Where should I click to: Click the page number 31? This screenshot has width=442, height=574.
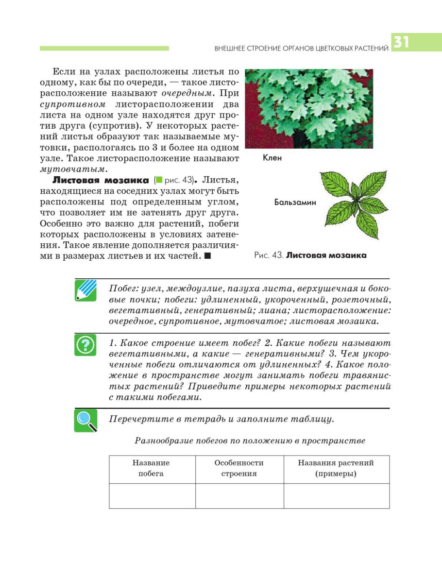tap(402, 42)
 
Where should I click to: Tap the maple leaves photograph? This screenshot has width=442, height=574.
tap(309, 109)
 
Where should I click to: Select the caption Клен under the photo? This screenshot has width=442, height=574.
tap(272, 158)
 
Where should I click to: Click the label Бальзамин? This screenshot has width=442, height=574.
tap(295, 203)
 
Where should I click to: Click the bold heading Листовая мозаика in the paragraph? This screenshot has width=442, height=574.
tap(101, 180)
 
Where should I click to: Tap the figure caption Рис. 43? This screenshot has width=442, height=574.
tap(269, 255)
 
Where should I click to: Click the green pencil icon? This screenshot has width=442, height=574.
tap(85, 290)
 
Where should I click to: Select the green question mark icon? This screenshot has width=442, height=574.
tap(85, 345)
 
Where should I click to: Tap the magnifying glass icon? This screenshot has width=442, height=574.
tap(85, 420)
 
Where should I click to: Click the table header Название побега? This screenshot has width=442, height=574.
tap(152, 468)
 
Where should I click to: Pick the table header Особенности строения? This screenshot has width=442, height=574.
tap(239, 468)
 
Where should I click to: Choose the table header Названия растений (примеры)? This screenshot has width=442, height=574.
tap(336, 468)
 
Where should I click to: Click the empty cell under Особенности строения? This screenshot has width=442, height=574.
tap(239, 496)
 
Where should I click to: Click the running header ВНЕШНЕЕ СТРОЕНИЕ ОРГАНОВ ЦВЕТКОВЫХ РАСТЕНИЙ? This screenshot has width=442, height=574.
tap(301, 49)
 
